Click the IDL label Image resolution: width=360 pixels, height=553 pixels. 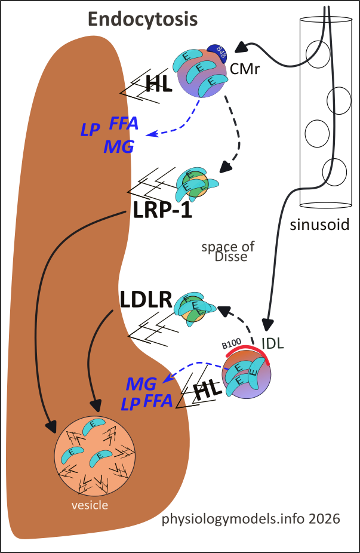tap(272, 344)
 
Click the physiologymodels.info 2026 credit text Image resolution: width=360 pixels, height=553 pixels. tap(251, 519)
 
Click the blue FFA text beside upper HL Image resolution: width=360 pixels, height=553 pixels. tap(124, 124)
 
